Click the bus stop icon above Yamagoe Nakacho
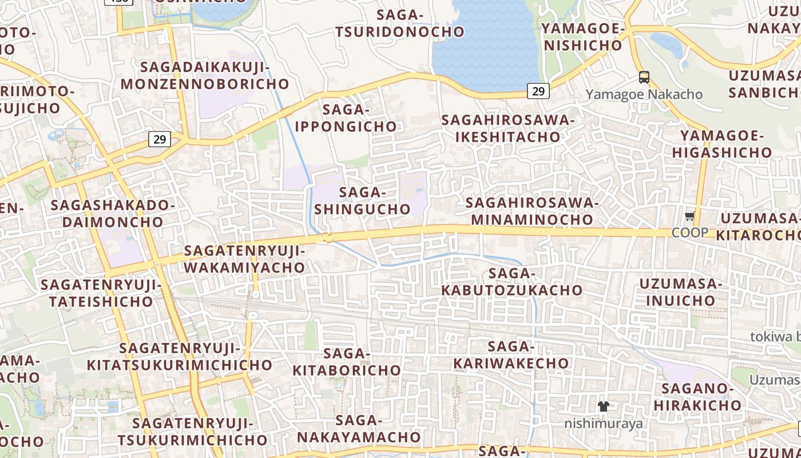[x=644, y=77]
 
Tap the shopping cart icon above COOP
[x=689, y=217]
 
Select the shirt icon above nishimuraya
[x=603, y=406]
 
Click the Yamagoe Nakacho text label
[x=644, y=94]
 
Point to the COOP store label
[x=689, y=232]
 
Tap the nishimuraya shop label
[x=603, y=424]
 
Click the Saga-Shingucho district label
[x=363, y=200]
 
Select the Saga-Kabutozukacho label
[x=512, y=282]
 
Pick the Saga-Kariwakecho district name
[x=511, y=355]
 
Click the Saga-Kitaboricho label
[x=347, y=362]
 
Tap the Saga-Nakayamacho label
[x=359, y=429]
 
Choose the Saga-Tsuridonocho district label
[x=400, y=23]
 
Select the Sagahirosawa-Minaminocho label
[x=532, y=211]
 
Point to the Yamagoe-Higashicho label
[x=721, y=144]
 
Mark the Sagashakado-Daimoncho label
[x=113, y=214]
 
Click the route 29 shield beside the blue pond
[x=538, y=90]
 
